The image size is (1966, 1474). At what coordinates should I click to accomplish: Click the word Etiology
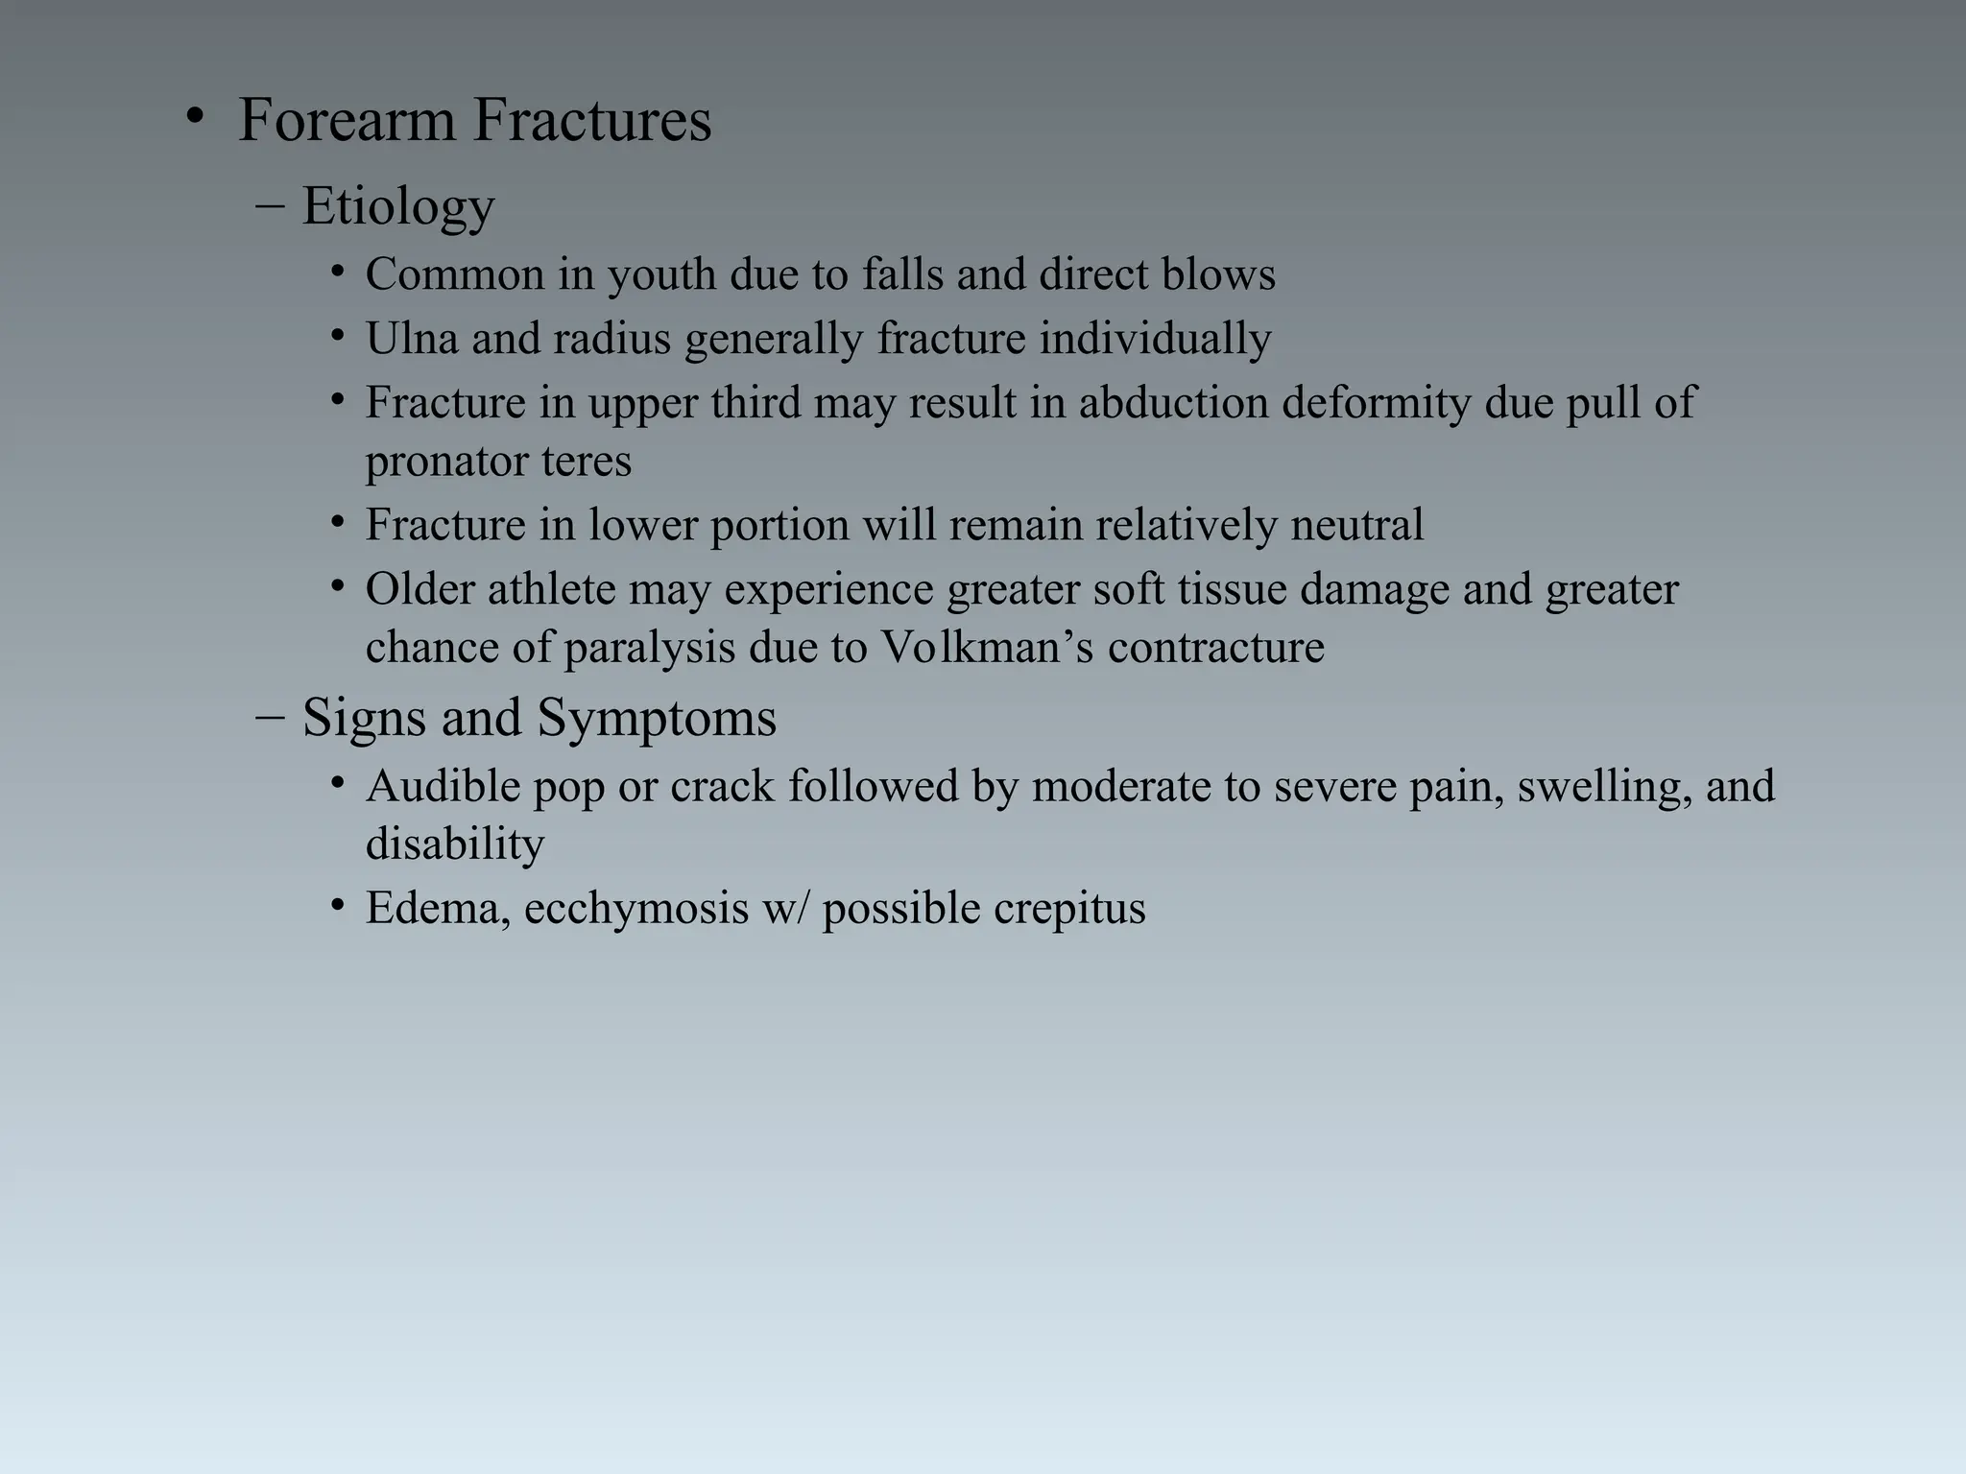(398, 206)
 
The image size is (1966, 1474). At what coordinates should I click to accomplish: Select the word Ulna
(412, 339)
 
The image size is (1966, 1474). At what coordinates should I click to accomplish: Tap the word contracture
(1215, 648)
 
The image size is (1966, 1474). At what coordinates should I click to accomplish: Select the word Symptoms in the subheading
(657, 718)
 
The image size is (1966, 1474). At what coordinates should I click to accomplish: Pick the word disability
(455, 844)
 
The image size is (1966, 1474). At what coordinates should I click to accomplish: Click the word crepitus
(1069, 909)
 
